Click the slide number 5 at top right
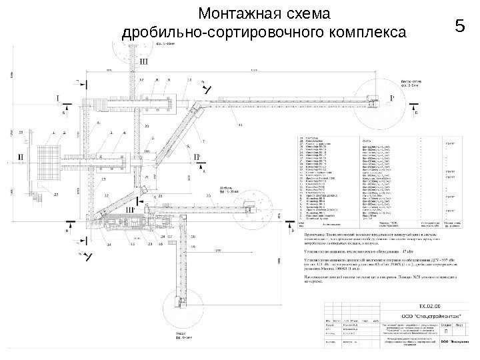tap(457, 27)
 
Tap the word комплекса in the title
tap(370, 31)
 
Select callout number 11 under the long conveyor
tap(241, 125)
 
